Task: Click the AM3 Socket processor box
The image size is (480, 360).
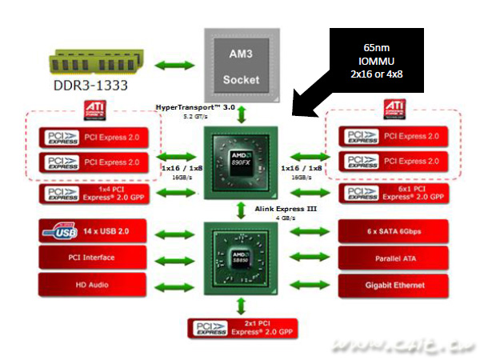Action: (x=241, y=64)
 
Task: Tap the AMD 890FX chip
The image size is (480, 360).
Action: (x=241, y=156)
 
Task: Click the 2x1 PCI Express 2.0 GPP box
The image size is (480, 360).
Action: (x=241, y=329)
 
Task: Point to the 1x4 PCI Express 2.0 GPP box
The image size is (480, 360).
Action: (x=93, y=193)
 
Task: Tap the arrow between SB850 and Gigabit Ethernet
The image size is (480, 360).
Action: (x=308, y=284)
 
